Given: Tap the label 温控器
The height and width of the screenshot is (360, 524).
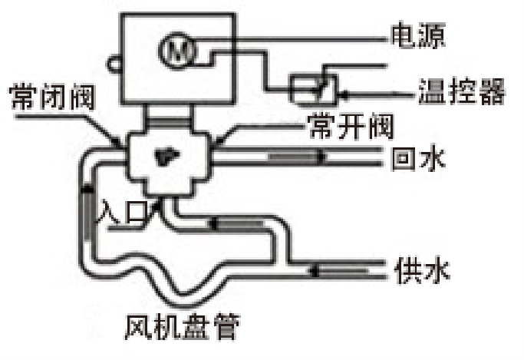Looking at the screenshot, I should pyautogui.click(x=460, y=94).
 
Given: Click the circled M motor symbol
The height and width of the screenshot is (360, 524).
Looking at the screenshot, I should pyautogui.click(x=178, y=51).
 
